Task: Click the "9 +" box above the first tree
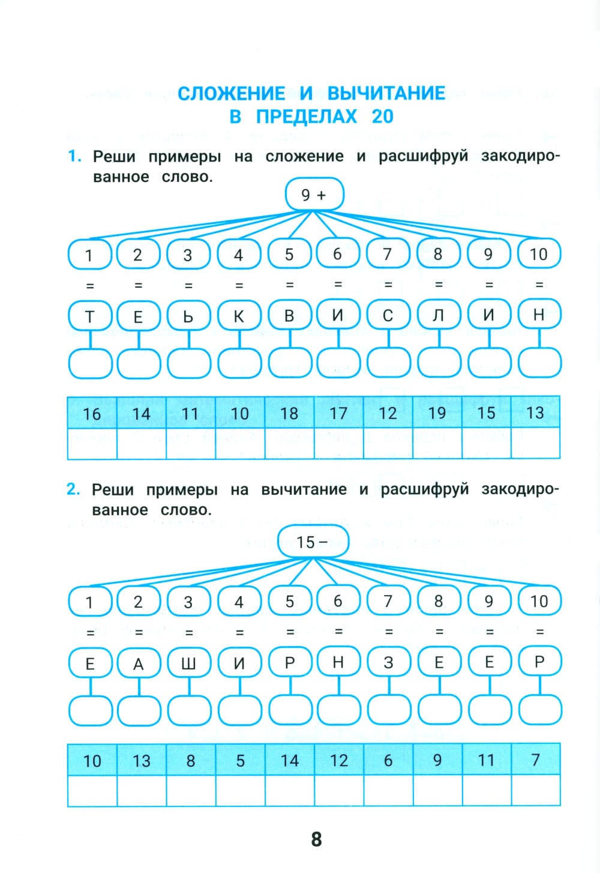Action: (x=314, y=195)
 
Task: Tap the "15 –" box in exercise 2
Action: (x=313, y=542)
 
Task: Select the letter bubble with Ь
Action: (x=188, y=316)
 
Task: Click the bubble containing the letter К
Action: (x=239, y=316)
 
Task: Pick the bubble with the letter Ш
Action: (x=188, y=663)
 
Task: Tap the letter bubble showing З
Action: (x=388, y=662)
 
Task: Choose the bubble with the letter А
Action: (x=139, y=663)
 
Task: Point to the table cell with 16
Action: (x=92, y=413)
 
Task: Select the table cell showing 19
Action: (x=437, y=412)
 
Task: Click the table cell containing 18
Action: (x=289, y=412)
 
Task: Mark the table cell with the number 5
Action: (x=240, y=760)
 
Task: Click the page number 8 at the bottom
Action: (x=316, y=839)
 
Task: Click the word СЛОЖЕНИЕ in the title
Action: (x=232, y=94)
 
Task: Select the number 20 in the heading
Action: (x=382, y=116)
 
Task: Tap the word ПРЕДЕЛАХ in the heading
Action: (x=306, y=116)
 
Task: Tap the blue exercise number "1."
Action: (x=74, y=157)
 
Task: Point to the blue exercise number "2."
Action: (x=73, y=489)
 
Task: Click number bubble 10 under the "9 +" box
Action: (x=538, y=254)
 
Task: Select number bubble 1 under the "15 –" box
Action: (x=89, y=602)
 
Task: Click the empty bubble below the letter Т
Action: (x=90, y=363)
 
